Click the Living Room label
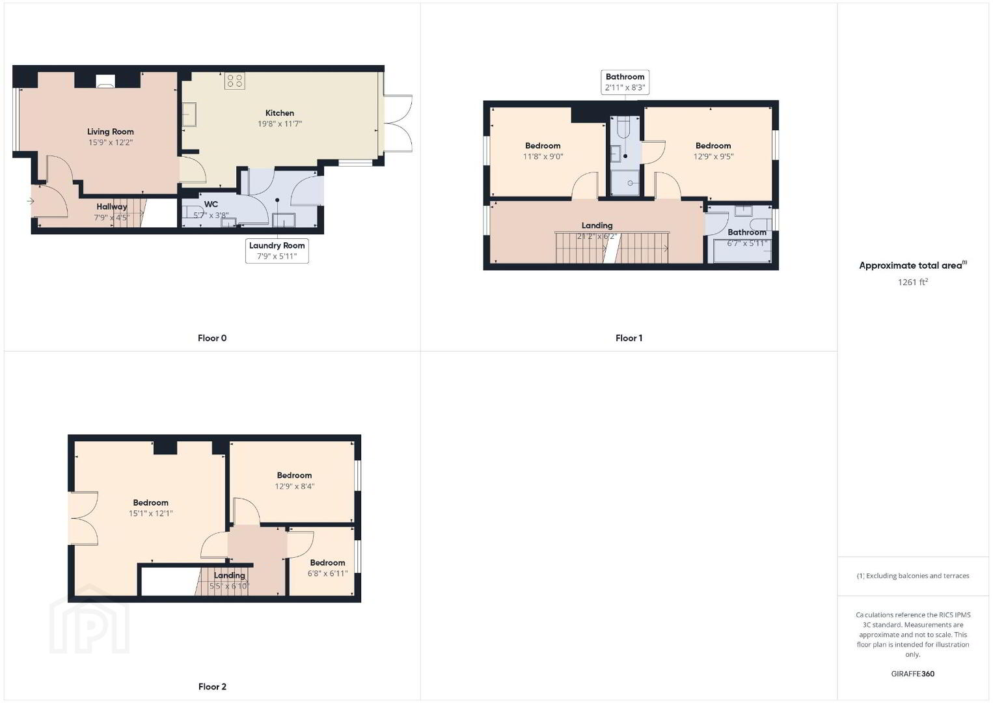[x=111, y=131]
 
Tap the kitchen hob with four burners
[x=234, y=81]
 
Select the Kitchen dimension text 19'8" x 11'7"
[x=280, y=124]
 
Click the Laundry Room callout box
[x=277, y=251]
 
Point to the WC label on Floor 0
[x=211, y=204]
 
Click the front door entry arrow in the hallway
[x=31, y=201]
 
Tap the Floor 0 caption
[x=212, y=338]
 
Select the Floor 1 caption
[x=629, y=338]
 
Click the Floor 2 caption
[x=212, y=687]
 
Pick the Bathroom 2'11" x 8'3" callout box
[x=625, y=82]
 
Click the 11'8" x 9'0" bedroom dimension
[x=543, y=157]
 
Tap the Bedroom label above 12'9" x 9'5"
[x=713, y=145]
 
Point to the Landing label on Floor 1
[x=597, y=225]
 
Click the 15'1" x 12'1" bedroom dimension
[x=151, y=514]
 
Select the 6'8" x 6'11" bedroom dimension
[x=327, y=573]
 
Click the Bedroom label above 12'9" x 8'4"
[x=294, y=475]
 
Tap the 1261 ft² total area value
[x=913, y=282]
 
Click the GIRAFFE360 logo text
[x=913, y=674]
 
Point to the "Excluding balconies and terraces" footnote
[x=913, y=575]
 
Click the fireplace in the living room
[x=105, y=81]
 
